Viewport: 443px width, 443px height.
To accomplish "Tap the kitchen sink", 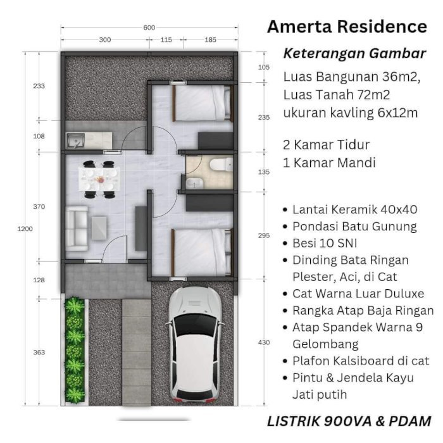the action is coord(75,140).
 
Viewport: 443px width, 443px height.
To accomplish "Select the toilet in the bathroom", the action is coord(221,165).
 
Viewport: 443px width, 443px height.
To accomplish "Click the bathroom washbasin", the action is coord(194,183).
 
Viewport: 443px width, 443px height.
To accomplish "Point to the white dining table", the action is coord(99,179).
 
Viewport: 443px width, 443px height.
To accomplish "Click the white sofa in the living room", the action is coord(77,228).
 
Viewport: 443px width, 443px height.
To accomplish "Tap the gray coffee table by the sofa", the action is coord(99,228).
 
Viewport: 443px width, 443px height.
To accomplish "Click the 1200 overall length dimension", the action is coord(25,229).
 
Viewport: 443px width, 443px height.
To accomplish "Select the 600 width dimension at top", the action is coord(149,28).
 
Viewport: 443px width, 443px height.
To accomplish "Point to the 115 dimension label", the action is coord(166,40).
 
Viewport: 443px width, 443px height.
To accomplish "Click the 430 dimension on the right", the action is coord(264,342).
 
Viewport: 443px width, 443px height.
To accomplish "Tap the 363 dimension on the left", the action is coord(39,353).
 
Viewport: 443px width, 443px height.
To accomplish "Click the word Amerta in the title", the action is coord(300,27).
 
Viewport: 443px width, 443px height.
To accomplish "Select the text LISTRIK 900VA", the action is coord(319,421).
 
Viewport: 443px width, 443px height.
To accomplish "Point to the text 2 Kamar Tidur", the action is coord(327,145).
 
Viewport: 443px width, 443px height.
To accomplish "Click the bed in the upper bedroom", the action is coord(203,103).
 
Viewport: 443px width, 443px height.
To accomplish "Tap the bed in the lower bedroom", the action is coord(203,252).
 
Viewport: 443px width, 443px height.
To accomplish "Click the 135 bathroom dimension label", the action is coord(264,172).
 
